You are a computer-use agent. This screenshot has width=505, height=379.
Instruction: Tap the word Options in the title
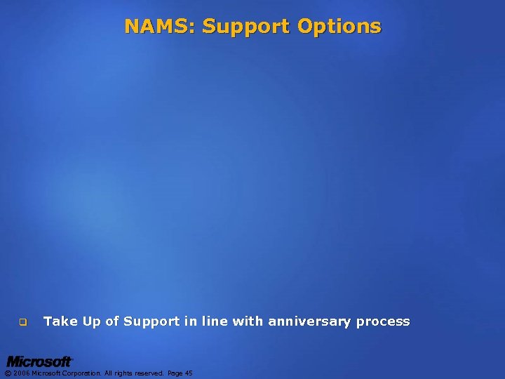(339, 27)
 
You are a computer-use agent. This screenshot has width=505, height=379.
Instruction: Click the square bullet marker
(22, 323)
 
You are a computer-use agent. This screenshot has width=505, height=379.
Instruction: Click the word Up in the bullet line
(92, 321)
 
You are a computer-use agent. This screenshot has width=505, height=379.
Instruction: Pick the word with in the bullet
(248, 321)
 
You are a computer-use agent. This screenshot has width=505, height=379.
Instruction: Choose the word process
(383, 321)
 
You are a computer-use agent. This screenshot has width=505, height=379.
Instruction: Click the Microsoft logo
(39, 362)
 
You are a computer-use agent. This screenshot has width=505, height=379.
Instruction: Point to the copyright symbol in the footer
(8, 373)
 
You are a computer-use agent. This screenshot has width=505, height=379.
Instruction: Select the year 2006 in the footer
(21, 373)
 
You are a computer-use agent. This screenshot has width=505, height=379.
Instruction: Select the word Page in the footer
(174, 373)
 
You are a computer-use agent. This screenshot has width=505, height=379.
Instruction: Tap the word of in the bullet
(112, 321)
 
